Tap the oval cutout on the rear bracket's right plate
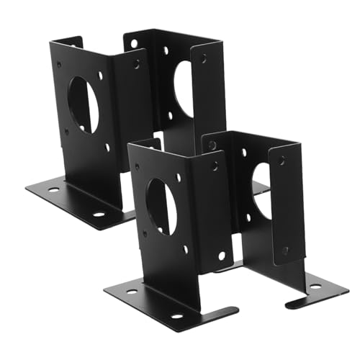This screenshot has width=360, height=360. pos(184,89)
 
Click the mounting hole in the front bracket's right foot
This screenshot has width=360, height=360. pos(315,286)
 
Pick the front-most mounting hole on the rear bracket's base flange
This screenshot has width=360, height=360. pos(98,215)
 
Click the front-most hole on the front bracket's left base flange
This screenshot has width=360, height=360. pos(176,316)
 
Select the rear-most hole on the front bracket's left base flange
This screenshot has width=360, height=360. pos(132,292)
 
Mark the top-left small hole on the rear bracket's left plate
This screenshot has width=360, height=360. pos(59,63)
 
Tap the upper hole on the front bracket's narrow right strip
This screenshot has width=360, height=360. pos(282,161)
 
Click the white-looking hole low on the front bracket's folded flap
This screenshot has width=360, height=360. pos(220,255)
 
